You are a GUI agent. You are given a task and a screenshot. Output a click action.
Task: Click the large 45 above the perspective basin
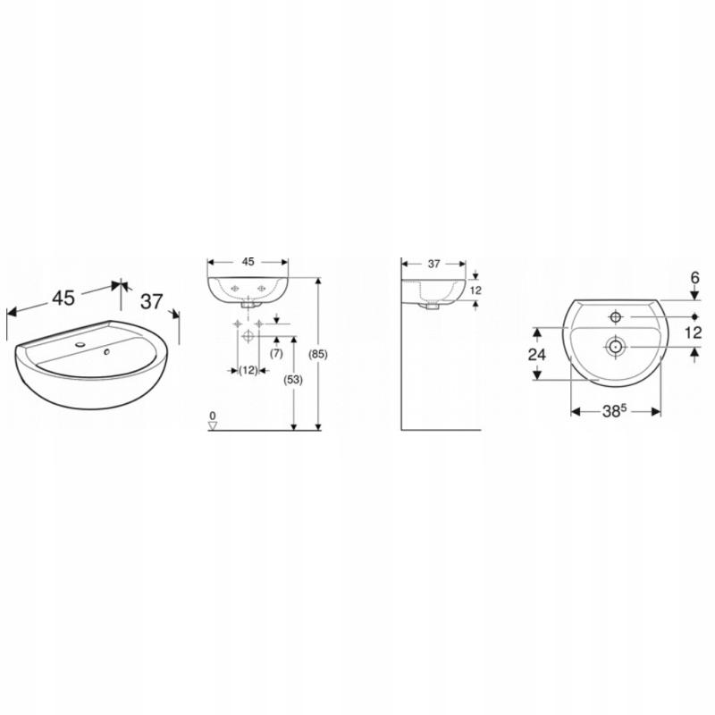tap(63, 299)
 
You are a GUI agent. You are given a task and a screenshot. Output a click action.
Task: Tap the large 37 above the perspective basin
tap(151, 301)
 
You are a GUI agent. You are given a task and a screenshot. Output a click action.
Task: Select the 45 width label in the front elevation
tap(248, 262)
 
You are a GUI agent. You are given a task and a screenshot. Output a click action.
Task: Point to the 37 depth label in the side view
tap(434, 264)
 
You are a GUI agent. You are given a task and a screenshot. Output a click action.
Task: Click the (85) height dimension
tap(318, 354)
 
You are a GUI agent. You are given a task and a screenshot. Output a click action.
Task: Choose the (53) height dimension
tap(293, 379)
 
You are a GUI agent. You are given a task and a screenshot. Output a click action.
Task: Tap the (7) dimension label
tap(276, 353)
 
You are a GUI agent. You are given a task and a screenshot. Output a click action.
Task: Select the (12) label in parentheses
tap(248, 370)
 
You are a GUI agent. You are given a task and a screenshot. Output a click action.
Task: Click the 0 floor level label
tap(213, 416)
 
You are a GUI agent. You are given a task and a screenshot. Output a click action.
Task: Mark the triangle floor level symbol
tap(213, 426)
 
